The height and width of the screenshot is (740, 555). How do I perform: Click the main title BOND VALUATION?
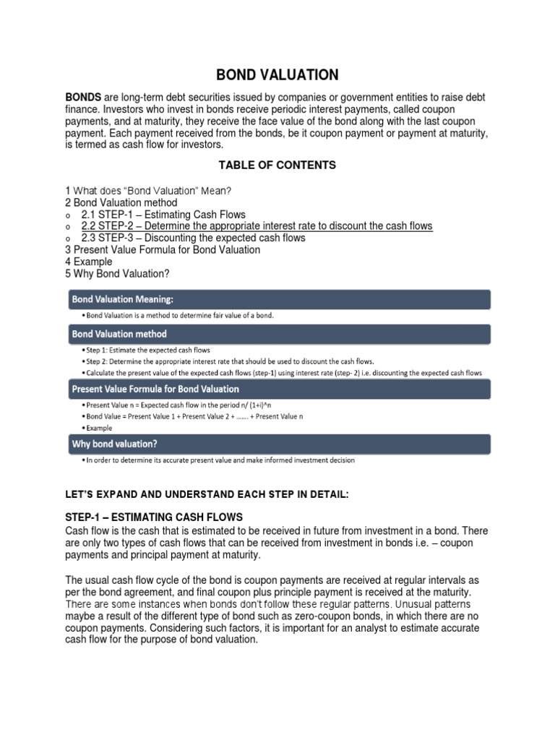tap(278, 74)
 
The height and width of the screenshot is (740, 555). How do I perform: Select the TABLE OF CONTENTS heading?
tap(277, 165)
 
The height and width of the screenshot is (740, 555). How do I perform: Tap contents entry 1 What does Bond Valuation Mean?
tap(148, 191)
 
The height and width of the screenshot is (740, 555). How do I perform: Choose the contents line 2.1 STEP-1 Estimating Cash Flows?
tap(163, 215)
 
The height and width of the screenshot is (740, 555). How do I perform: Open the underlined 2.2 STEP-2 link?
tap(257, 226)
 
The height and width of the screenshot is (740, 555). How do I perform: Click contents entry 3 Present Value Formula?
tap(163, 249)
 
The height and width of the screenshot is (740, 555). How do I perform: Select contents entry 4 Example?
tap(89, 262)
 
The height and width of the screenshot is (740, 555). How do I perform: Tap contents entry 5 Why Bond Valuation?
tap(121, 273)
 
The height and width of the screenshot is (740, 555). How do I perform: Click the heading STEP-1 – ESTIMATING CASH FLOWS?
tap(155, 517)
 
